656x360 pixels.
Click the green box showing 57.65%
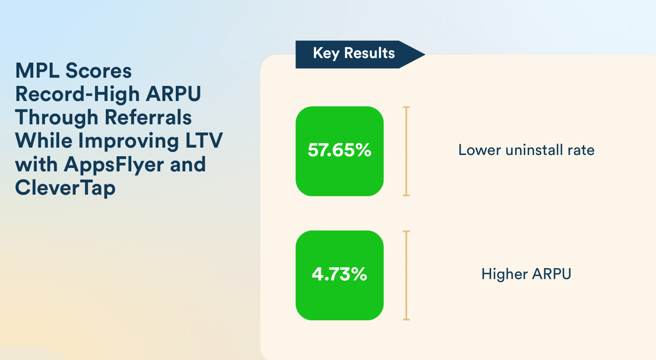(x=339, y=151)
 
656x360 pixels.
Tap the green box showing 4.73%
(x=339, y=275)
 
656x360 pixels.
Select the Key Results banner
(x=360, y=54)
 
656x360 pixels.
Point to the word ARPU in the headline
(x=173, y=94)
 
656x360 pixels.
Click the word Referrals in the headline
(x=148, y=117)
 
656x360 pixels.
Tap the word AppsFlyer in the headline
(x=114, y=164)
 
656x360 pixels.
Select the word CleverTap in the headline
(x=65, y=188)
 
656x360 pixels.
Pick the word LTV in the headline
(x=204, y=141)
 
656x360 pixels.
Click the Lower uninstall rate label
(x=526, y=150)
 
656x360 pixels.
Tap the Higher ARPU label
(x=526, y=274)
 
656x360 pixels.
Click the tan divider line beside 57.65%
(x=406, y=151)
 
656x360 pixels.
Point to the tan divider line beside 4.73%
(x=406, y=275)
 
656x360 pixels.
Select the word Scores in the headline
(x=98, y=71)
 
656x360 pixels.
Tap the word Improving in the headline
(x=128, y=141)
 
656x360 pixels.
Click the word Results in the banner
(x=369, y=53)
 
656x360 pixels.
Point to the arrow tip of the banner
(x=425, y=54)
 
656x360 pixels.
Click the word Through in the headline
(x=57, y=118)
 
